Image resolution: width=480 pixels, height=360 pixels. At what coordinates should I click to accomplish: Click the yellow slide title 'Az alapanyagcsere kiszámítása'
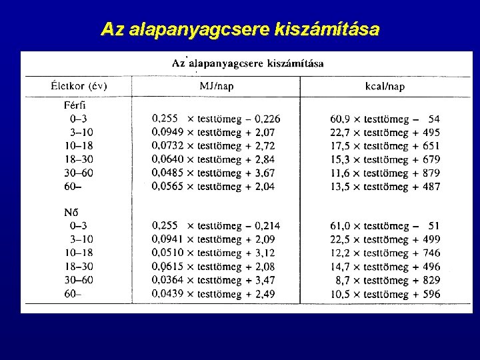click(x=240, y=30)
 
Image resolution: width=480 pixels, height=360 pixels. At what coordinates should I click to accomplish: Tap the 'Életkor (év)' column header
click(x=79, y=86)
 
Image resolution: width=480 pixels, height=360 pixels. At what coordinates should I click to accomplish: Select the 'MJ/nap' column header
click(x=217, y=86)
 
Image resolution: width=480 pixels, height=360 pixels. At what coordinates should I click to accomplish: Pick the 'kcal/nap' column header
click(x=385, y=86)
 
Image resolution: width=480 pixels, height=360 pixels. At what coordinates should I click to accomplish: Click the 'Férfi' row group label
click(x=74, y=105)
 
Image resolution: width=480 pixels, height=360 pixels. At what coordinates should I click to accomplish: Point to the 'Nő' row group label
click(x=71, y=212)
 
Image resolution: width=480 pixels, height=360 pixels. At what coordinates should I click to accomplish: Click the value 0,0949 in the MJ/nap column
click(x=167, y=133)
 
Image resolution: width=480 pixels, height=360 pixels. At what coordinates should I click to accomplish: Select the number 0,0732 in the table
click(x=167, y=146)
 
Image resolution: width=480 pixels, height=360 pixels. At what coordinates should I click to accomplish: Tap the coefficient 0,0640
click(x=167, y=159)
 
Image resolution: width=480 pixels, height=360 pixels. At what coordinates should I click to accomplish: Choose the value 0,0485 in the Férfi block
click(x=167, y=173)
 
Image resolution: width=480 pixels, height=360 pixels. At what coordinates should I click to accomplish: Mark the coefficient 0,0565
click(x=167, y=187)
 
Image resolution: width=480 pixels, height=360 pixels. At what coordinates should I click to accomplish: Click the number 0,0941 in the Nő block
click(x=167, y=239)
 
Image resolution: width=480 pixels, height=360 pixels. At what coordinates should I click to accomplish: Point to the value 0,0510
click(x=167, y=253)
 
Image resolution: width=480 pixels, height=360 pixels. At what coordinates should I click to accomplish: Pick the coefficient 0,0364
click(x=167, y=280)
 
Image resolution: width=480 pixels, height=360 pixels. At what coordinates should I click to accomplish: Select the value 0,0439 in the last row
click(x=167, y=294)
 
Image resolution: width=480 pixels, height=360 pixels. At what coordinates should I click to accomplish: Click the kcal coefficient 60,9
click(x=341, y=119)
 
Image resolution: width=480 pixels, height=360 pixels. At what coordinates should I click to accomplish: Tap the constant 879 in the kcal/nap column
click(x=431, y=173)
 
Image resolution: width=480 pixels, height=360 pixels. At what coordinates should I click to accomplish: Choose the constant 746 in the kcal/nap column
click(x=431, y=253)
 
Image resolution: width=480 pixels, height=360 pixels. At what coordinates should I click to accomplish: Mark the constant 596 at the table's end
click(x=431, y=294)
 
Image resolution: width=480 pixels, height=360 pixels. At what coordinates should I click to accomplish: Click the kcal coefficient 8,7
click(x=345, y=281)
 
